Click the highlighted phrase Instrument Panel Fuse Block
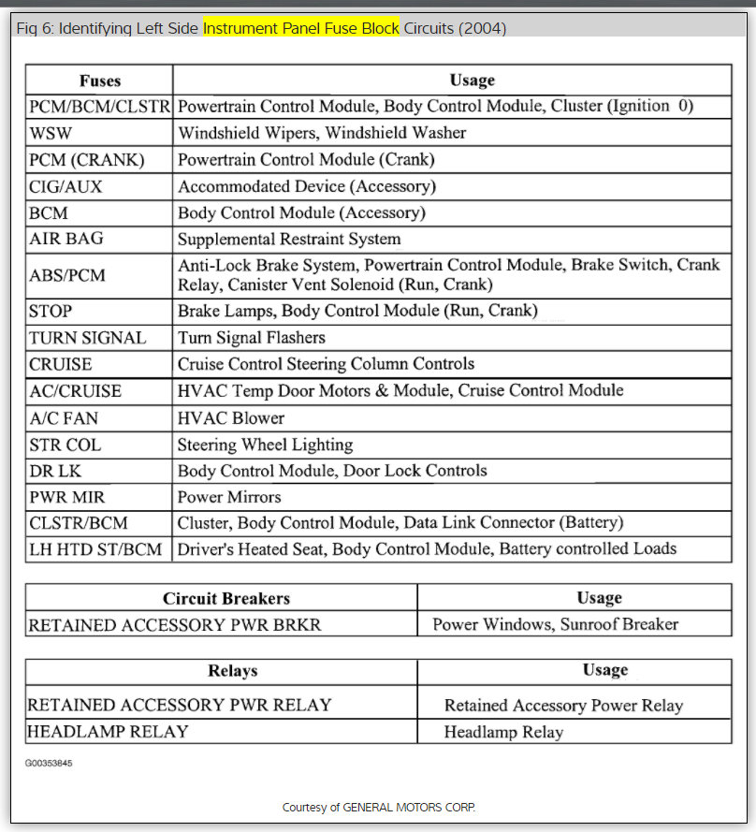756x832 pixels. pos(301,28)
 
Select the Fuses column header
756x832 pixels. pos(99,80)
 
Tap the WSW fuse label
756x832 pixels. pos(51,133)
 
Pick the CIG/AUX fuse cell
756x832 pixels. pos(65,186)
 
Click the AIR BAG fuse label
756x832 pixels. pos(66,240)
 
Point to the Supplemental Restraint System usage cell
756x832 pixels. pos(289,240)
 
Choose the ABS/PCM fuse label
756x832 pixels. pos(67,275)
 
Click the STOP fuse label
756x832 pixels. pos(51,311)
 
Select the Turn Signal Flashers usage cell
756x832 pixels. pos(252,337)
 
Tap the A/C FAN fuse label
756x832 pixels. pos(63,417)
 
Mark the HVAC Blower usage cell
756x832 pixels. pos(231,417)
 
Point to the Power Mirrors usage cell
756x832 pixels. pos(229,497)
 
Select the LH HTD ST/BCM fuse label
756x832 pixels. pos(95,548)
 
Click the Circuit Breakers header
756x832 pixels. pos(226,598)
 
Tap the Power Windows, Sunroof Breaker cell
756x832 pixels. pos(555,624)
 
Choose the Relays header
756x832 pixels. pos(232,671)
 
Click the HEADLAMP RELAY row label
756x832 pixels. pos(108,731)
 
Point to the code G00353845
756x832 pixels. pos(49,764)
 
